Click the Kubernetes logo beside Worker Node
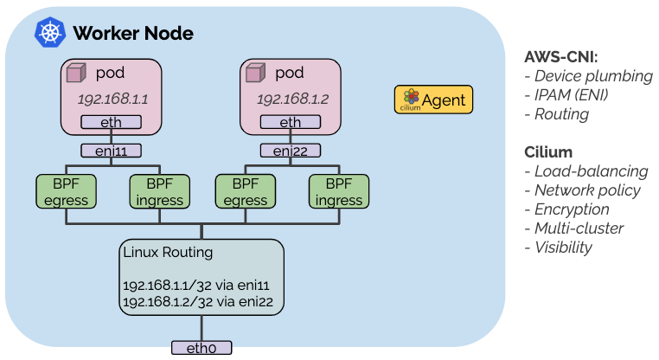[50, 32]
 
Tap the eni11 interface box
[111, 151]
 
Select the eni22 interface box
[291, 151]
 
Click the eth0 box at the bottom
[202, 348]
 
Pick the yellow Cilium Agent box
[434, 100]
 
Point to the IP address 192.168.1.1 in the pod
[112, 100]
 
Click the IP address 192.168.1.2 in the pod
[292, 100]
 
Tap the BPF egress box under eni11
[66, 192]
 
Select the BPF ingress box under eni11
[160, 192]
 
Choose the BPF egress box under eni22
[246, 192]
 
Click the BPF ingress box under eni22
[339, 192]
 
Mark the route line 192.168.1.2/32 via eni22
[198, 302]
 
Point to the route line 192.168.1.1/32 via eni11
[196, 286]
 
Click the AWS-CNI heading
[561, 57]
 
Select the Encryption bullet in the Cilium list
[567, 209]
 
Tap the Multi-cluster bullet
[574, 228]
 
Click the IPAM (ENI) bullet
[566, 95]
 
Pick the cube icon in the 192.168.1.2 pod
[255, 73]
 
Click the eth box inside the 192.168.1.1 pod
[111, 122]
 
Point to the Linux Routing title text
[168, 253]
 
